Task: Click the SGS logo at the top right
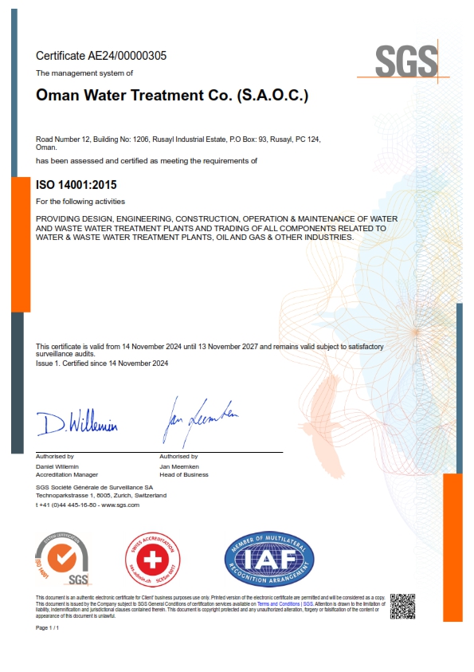click(406, 61)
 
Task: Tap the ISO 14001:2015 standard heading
click(76, 185)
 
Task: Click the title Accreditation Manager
click(67, 474)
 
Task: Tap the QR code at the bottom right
click(403, 607)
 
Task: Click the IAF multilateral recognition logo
click(269, 557)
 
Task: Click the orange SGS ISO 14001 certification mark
click(64, 558)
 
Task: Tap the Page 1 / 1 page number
click(48, 628)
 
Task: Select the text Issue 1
click(49, 364)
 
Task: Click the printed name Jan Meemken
click(178, 466)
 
